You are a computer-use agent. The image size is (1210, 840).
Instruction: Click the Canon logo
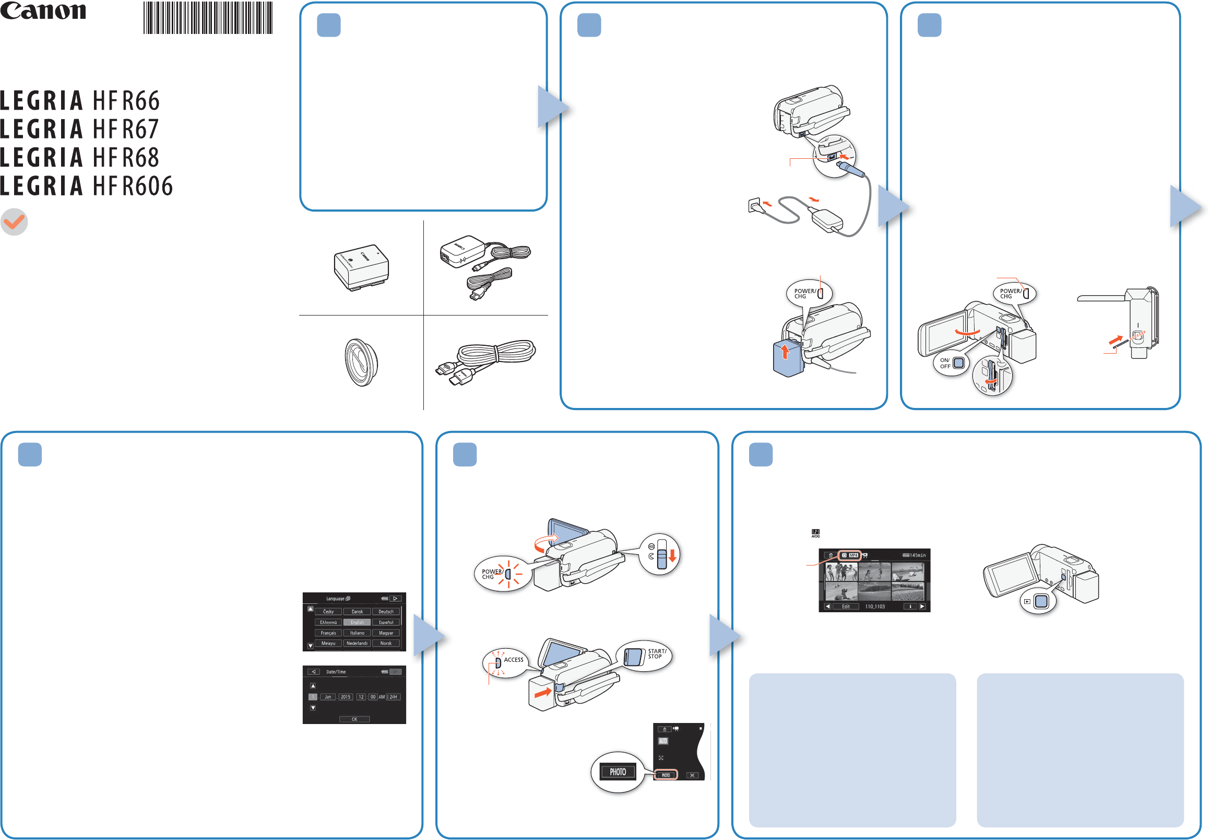pos(43,11)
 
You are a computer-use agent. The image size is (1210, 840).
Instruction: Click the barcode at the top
pos(208,18)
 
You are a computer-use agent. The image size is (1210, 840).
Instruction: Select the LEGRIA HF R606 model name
pos(87,186)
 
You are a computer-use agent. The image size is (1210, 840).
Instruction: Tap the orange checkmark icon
pos(14,222)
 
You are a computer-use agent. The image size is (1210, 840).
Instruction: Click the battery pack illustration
pos(361,267)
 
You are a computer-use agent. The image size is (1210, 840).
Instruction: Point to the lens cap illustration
pos(361,362)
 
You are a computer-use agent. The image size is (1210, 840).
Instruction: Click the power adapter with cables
pos(484,266)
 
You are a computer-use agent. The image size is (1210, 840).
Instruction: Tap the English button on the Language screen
pos(357,622)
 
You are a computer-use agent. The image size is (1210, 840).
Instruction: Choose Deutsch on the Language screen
pos(386,612)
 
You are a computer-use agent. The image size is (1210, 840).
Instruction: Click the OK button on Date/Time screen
pos(354,719)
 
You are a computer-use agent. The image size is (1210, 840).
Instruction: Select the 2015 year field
pos(346,697)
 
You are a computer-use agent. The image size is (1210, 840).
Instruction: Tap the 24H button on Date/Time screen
pos(394,697)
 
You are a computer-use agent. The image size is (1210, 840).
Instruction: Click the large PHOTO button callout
pos(618,772)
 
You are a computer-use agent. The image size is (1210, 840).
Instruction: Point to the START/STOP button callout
pos(644,656)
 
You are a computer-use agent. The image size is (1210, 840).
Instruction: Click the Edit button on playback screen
pos(846,606)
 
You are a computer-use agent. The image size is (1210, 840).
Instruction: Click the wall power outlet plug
pos(754,205)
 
